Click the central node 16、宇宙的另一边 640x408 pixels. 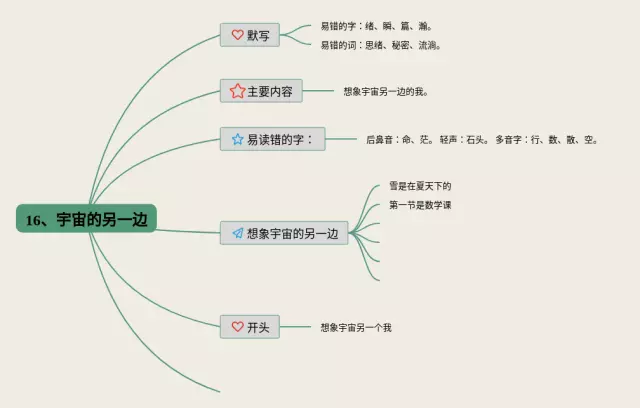click(x=88, y=218)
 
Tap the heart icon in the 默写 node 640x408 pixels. click(x=237, y=35)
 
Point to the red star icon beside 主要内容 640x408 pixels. click(x=237, y=90)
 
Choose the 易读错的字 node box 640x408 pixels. click(x=272, y=139)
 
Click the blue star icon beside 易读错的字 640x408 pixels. click(x=237, y=139)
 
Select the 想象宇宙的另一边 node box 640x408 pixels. click(x=285, y=233)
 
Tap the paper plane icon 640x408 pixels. click(x=237, y=233)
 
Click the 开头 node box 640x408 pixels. click(x=250, y=327)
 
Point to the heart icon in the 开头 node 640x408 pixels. click(x=237, y=327)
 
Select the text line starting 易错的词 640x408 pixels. click(x=380, y=45)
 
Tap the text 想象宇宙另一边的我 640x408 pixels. click(x=385, y=91)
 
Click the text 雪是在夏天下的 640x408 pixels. click(x=420, y=186)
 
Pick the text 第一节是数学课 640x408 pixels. click(x=420, y=205)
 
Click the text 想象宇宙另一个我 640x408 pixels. click(x=356, y=327)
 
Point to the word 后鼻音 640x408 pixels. click(x=381, y=140)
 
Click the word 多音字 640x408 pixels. click(x=509, y=140)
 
